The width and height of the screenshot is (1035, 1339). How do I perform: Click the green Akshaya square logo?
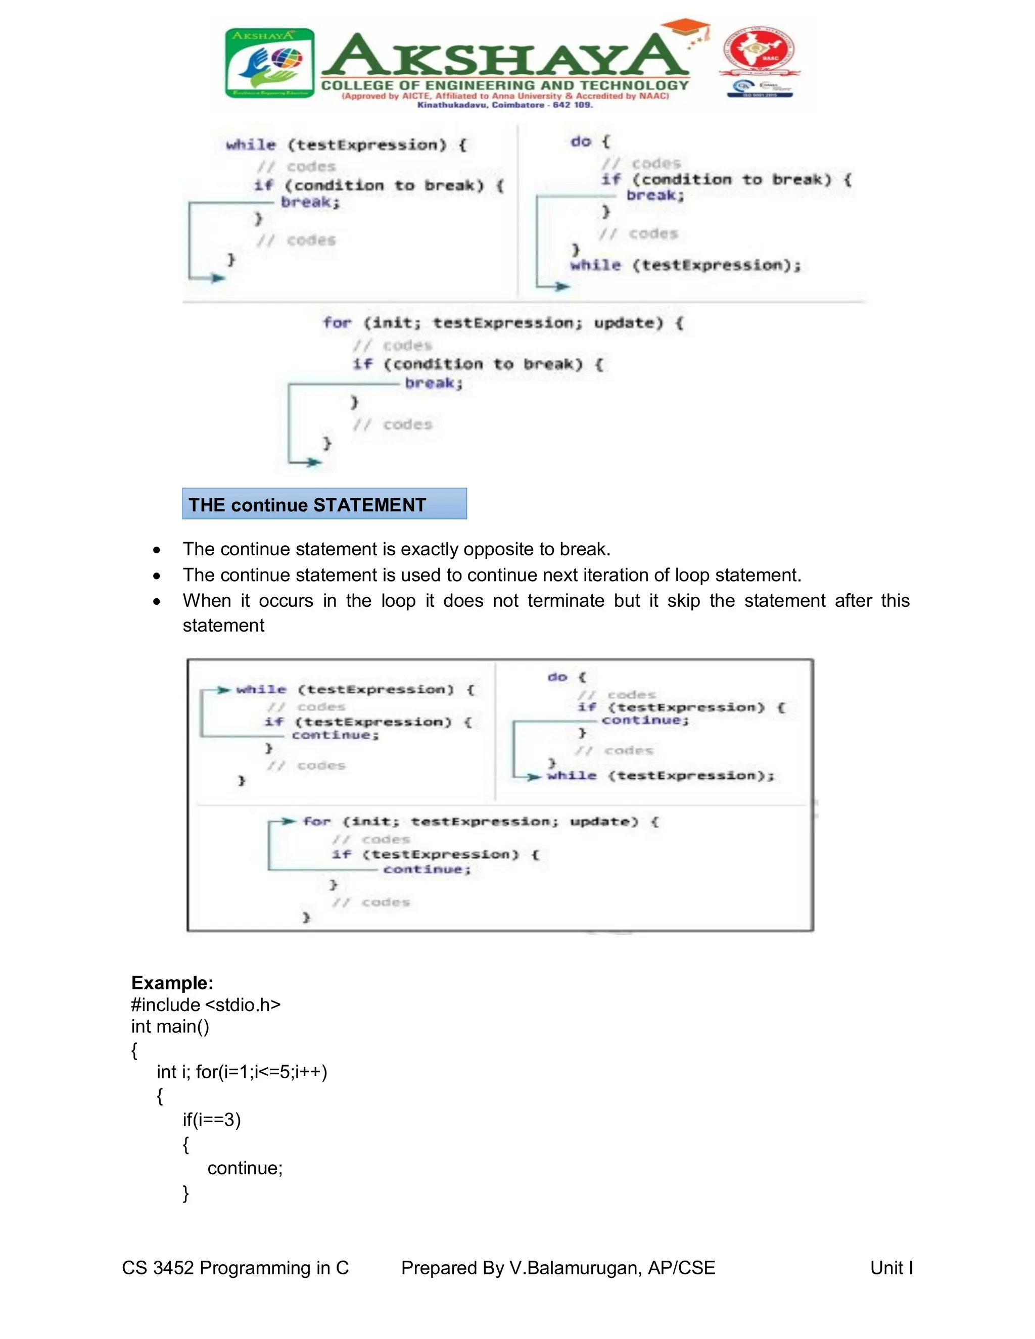pos(270,63)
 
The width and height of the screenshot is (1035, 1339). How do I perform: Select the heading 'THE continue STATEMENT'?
pos(307,505)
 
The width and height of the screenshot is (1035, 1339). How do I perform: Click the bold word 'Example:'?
pos(172,983)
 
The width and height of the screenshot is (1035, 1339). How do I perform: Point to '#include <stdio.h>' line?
pos(205,1005)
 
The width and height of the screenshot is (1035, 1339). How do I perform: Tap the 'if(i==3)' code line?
pos(212,1120)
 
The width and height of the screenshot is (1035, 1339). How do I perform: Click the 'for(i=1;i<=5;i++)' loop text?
pos(262,1072)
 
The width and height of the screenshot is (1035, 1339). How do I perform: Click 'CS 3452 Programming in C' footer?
pos(236,1268)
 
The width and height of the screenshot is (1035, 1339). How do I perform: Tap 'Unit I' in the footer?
pos(891,1268)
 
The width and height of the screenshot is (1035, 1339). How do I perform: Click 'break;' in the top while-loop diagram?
pos(310,202)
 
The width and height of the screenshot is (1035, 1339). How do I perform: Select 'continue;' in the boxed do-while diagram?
pos(645,721)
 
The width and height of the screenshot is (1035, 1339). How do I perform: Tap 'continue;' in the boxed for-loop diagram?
pos(427,870)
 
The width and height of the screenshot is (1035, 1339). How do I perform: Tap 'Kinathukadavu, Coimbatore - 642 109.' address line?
pos(505,105)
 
